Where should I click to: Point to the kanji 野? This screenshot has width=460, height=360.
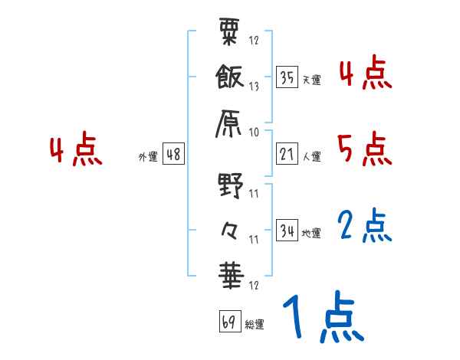pos(230,185)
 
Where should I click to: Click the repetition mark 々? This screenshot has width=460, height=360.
pos(230,228)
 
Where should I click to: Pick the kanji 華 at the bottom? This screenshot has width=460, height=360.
pos(230,274)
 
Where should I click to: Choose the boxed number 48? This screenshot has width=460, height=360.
pos(173,154)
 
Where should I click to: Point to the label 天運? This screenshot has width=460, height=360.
pos(311,79)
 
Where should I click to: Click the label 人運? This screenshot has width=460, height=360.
pos(311,156)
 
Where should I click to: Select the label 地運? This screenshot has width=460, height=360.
pos(311,232)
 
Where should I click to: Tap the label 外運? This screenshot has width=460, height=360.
pos(148,156)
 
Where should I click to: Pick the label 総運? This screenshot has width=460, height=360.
pos(254,323)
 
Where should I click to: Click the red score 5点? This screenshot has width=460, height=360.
pos(365,148)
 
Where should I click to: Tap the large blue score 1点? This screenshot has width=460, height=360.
pos(322,317)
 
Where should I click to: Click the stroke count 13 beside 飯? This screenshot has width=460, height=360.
pos(254,86)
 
